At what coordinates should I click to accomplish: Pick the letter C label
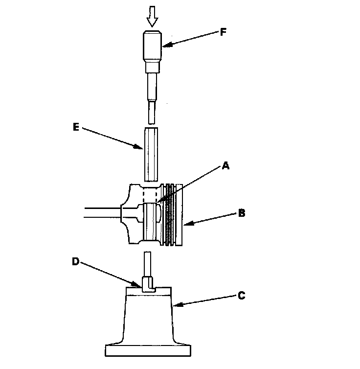tap(241, 295)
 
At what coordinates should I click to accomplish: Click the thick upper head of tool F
tap(152, 46)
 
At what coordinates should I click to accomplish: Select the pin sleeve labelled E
tap(152, 153)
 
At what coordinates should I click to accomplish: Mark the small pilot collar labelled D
tap(148, 285)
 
